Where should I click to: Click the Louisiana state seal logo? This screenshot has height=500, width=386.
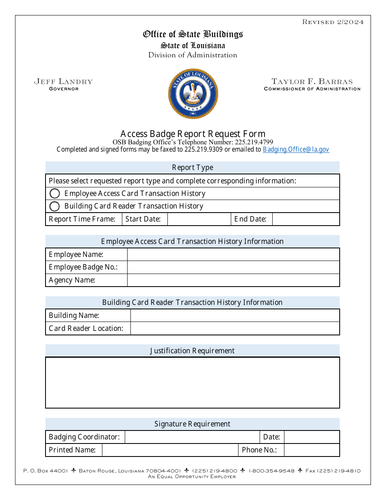coord(193,94)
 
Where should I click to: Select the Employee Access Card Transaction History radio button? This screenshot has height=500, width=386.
coord(54,193)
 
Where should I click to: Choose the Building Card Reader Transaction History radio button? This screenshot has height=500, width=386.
coord(54,206)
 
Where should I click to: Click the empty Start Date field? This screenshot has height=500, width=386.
coord(199,219)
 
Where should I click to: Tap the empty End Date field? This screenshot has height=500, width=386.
coord(306,219)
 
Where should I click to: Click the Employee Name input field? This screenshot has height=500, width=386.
coord(233,254)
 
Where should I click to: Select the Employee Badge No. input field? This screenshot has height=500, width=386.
coord(233,267)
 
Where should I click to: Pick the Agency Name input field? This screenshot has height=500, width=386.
coord(233,280)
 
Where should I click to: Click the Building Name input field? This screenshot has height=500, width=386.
coord(235,315)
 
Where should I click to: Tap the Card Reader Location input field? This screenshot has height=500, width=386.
coord(235,328)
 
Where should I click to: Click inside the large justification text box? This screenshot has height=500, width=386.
coord(193,383)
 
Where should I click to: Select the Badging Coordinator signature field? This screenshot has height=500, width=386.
coord(192,437)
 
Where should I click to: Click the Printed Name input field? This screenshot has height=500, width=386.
coord(170,450)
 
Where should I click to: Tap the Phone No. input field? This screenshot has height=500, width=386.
coord(312,450)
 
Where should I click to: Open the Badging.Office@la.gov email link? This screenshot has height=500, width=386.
coord(296,149)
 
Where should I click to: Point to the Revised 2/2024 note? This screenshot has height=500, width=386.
coord(333,22)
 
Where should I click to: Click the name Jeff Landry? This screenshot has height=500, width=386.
coord(63,82)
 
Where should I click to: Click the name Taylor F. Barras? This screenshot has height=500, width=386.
coord(312,82)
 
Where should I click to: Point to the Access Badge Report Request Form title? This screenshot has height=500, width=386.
coord(193,134)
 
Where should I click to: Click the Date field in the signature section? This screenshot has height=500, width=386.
coord(312,437)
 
